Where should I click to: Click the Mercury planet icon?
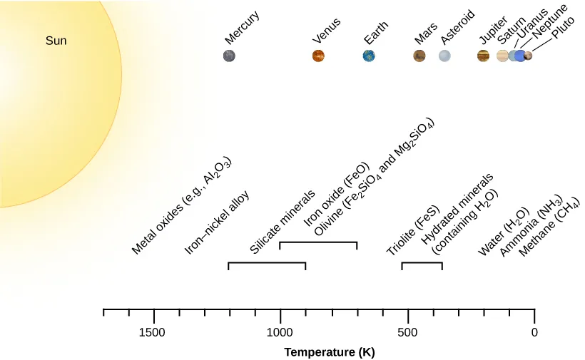pyautogui.click(x=229, y=56)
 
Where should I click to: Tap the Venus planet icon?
pyautogui.click(x=318, y=56)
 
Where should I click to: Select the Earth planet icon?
pyautogui.click(x=369, y=56)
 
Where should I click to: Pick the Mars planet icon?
pyautogui.click(x=419, y=56)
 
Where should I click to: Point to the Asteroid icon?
pyautogui.click(x=444, y=56)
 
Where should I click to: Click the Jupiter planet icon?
pyautogui.click(x=484, y=56)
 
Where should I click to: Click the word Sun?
pyautogui.click(x=56, y=41)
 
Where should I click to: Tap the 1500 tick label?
pyautogui.click(x=153, y=332)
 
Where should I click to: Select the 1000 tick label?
pyautogui.click(x=280, y=332)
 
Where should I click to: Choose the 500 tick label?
pyautogui.click(x=407, y=332)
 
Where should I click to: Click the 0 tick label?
pyautogui.click(x=534, y=332)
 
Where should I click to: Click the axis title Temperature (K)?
pyautogui.click(x=329, y=352)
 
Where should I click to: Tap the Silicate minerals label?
pyautogui.click(x=283, y=222)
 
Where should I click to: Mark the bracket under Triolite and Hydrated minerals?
pyautogui.click(x=422, y=264)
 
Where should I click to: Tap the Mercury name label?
pyautogui.click(x=242, y=27)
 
